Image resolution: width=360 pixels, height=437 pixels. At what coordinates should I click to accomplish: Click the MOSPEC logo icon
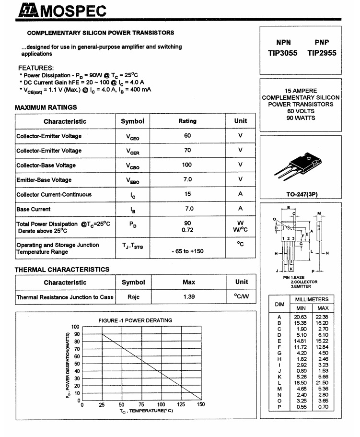coord(28,10)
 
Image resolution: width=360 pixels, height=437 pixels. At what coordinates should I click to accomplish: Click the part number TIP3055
coord(282,53)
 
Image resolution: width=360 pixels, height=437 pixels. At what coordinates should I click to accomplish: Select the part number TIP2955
coord(322,53)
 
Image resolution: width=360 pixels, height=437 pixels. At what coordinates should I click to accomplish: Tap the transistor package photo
coord(301,165)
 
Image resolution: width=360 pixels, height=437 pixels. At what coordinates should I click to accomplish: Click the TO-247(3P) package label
coord(301,195)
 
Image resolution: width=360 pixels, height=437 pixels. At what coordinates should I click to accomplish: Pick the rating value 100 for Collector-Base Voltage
coord(187,165)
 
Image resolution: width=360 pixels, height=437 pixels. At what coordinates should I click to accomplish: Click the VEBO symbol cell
coord(133,180)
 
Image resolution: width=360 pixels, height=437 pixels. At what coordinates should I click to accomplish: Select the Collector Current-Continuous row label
coord(54,194)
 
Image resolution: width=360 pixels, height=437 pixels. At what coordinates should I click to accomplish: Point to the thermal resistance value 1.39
coord(189,297)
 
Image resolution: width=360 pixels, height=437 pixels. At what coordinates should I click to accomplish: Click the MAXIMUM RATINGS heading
coord(46,107)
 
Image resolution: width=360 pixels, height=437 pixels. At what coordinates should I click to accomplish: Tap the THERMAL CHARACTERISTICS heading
coord(62,270)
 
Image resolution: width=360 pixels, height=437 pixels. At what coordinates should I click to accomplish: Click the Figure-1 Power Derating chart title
coord(135,320)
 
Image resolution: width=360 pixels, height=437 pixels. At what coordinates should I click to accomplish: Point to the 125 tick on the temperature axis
coord(181,405)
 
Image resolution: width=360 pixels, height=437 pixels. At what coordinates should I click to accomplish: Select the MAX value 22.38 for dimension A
coord(322,317)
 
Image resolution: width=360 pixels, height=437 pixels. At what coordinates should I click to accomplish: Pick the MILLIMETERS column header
coord(312,299)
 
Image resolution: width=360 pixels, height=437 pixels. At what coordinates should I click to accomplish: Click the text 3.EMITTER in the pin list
coord(302,286)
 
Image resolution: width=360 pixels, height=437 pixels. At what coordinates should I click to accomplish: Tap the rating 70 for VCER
coord(187,150)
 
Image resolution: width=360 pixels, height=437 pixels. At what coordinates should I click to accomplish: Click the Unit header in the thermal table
coord(241,282)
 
